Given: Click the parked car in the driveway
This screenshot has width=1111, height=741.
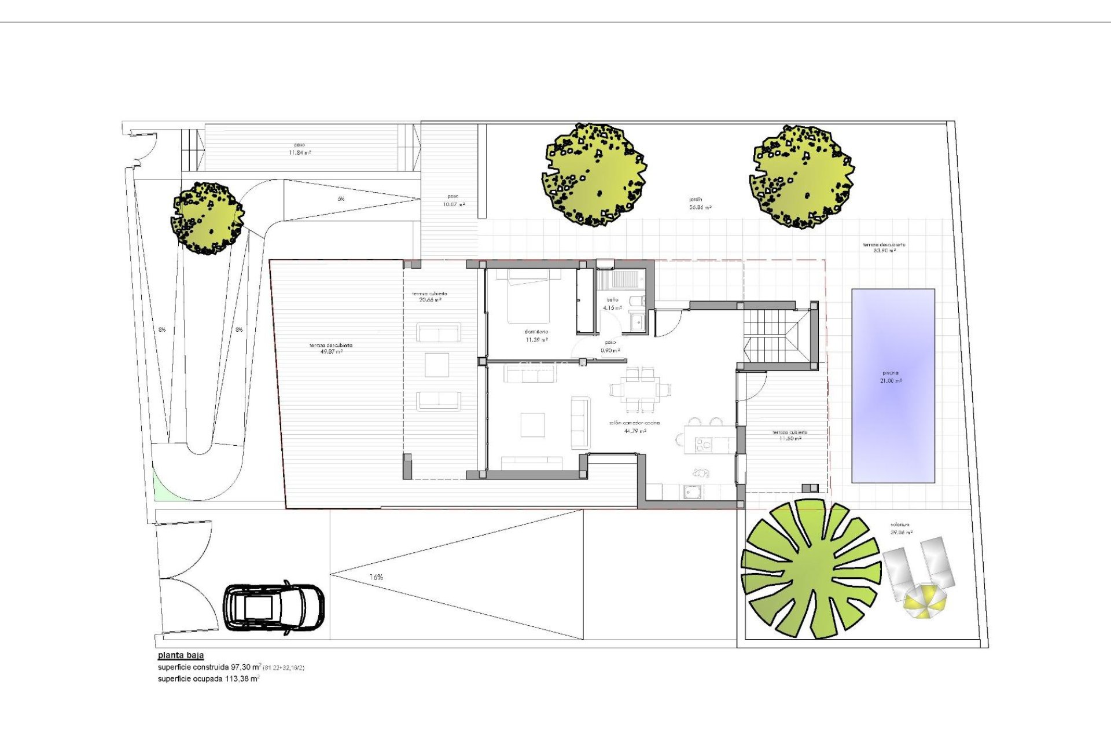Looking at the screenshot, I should click(274, 608).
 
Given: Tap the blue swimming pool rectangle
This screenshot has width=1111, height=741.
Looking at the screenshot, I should click(893, 386).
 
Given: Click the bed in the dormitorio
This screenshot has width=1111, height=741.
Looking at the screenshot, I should click(534, 296).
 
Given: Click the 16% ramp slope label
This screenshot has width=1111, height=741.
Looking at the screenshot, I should click(376, 577).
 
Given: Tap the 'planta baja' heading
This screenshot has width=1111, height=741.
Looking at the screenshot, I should click(181, 655).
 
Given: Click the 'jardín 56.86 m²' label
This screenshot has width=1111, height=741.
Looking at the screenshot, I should click(700, 203).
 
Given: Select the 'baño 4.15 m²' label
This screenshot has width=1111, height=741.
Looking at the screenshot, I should click(612, 304).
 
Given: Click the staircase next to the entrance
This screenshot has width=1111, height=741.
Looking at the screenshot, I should click(772, 336).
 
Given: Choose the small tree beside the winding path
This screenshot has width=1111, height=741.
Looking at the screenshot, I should click(208, 218).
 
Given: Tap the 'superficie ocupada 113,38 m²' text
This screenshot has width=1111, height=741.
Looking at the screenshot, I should click(208, 679).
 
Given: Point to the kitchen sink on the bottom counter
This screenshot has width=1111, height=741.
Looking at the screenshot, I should click(692, 491).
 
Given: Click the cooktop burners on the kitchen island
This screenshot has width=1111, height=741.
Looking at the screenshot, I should click(704, 445).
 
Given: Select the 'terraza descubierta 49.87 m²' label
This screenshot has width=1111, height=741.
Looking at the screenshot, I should click(330, 349).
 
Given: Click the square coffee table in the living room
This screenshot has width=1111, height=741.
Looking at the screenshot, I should click(532, 424).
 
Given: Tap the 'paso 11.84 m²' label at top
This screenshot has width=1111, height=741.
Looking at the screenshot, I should click(300, 149).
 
